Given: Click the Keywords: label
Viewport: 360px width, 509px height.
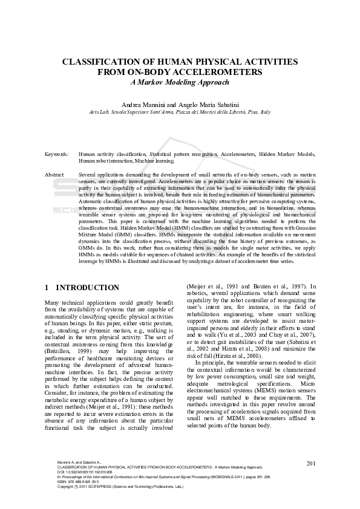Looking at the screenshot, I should point(56,155).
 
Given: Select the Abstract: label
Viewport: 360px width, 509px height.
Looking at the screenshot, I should point(55,174).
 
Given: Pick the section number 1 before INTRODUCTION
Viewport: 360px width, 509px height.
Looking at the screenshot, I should point(47,287).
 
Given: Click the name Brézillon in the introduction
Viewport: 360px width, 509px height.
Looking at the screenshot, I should point(60,350).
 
